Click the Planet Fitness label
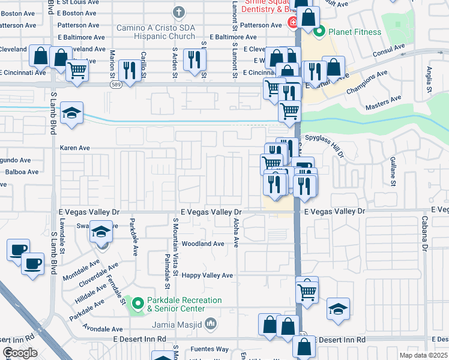click(x=354, y=32)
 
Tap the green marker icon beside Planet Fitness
click(x=319, y=32)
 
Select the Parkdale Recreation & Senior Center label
click(x=185, y=304)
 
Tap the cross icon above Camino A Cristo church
click(x=178, y=12)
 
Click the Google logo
click(x=20, y=352)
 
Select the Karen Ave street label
click(x=74, y=148)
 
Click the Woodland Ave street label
click(x=203, y=244)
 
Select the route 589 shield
click(x=118, y=85)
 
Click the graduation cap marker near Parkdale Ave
click(x=101, y=232)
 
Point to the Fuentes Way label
click(x=209, y=349)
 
